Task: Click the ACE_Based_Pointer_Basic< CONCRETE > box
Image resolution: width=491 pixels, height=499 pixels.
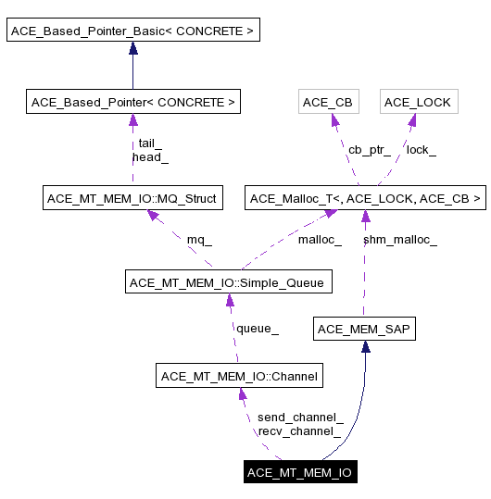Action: coord(132,31)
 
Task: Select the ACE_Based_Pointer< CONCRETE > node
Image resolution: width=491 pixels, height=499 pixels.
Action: coord(133,102)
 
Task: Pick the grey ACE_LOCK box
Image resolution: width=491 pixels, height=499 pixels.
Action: coord(417,102)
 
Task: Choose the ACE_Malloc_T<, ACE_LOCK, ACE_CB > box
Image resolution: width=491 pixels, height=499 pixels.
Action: coord(365,198)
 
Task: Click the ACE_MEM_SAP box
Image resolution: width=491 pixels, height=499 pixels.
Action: coord(363,329)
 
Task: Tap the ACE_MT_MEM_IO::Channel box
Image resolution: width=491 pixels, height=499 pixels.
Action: coord(240,376)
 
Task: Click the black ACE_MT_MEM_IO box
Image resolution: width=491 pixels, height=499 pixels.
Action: coord(299,472)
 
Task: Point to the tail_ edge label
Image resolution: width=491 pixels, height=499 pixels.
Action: coord(150,143)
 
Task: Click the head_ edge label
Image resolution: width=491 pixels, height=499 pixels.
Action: coord(150,156)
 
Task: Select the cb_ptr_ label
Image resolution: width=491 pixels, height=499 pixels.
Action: coord(370,149)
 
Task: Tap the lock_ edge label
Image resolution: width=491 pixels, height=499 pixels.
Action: coord(421,149)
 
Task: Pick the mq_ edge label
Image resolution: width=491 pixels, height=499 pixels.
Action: coord(199,240)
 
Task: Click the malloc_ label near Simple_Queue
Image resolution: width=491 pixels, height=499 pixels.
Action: coord(320,240)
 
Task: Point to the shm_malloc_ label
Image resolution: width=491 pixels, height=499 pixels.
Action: coord(399,240)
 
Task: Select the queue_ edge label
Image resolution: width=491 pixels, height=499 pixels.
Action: coord(258,328)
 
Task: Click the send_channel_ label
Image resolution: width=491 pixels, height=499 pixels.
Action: coord(300,417)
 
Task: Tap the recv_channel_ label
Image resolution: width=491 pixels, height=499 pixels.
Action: coord(299,430)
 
